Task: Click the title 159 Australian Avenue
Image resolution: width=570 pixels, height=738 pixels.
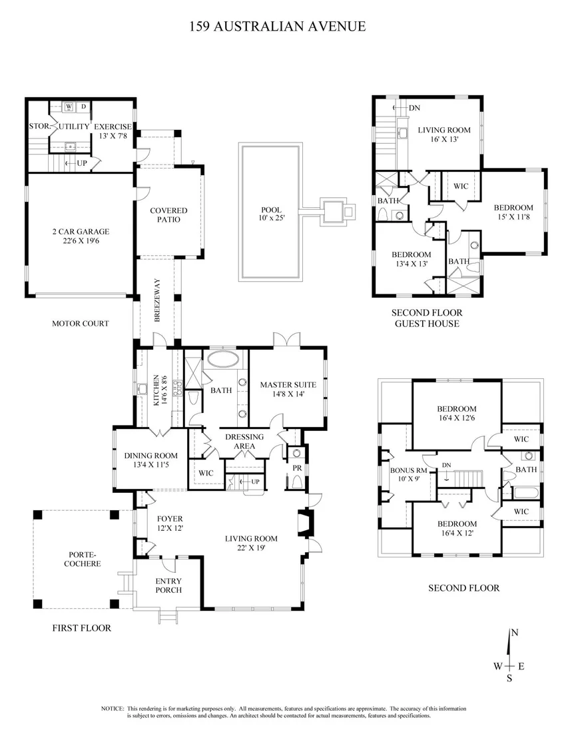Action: point(278,26)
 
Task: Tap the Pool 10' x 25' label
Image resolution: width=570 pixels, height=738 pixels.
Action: point(271,214)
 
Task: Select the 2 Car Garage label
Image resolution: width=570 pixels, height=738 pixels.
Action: point(81,236)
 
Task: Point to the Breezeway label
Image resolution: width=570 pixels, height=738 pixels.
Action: point(157,300)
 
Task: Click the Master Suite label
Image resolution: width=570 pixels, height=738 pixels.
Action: point(288,389)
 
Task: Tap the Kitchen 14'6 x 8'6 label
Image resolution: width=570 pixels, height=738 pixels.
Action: point(160,390)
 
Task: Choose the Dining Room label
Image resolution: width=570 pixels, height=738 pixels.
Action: point(151,460)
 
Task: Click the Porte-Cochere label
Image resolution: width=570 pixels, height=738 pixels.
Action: point(83,559)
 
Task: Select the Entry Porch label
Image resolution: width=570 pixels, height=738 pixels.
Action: point(168,585)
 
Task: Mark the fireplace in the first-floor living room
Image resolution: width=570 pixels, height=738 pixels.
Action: point(306,522)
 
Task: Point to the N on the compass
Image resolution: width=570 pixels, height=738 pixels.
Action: point(515,633)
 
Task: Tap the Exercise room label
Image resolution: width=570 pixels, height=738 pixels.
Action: point(113,131)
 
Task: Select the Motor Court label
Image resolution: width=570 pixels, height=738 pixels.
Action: point(81,323)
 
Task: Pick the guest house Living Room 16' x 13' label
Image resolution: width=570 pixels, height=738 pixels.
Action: point(444,135)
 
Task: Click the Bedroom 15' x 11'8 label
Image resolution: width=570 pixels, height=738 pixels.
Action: point(513,212)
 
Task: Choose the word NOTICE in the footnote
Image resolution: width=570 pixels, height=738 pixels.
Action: point(113,708)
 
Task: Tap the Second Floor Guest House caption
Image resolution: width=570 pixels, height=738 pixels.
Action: point(427,318)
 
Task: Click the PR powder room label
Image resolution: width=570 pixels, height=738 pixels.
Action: point(297,468)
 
